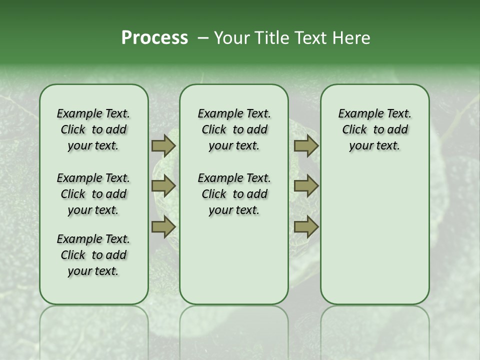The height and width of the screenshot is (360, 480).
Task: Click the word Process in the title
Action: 154,38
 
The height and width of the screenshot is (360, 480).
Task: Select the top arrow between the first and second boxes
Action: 163,145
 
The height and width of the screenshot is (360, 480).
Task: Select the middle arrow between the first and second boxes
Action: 163,186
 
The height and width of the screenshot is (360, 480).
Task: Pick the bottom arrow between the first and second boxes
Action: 163,227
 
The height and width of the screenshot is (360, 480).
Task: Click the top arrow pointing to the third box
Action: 306,145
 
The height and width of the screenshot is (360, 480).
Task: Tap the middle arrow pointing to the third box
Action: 306,186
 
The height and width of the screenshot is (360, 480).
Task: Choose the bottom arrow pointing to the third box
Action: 306,227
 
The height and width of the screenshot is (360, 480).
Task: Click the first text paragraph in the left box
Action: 93,129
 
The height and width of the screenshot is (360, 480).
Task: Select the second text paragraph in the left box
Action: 93,194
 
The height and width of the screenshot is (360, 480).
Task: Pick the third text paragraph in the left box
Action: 93,255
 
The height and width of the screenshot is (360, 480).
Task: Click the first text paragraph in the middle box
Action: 234,129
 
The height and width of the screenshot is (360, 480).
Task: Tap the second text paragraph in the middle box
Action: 234,194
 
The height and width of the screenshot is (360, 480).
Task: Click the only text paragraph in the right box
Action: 375,129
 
